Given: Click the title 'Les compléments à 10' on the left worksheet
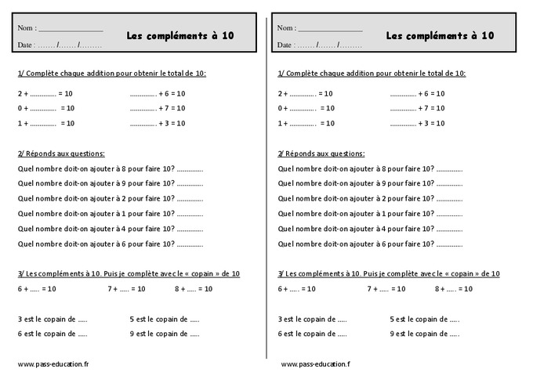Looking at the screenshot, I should (179, 35).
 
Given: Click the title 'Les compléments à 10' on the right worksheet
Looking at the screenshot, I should (440, 35).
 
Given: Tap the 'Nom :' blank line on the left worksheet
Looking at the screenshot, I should (71, 29).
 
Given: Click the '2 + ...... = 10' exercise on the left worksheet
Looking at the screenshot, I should (45, 93).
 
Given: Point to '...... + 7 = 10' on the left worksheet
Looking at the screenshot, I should (158, 108).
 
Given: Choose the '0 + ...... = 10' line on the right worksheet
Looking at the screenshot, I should (306, 108).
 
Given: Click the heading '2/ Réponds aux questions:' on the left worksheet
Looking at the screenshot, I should (61, 154).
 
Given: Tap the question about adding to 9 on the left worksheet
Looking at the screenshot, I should (111, 183).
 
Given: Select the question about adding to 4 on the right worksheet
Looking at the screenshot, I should (371, 229).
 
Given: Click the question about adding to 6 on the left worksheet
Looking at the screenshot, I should (111, 244).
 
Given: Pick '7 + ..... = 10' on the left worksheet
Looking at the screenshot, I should (126, 289).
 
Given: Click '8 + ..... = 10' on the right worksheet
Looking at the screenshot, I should (454, 289).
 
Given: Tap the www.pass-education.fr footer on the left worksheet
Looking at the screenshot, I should (53, 364).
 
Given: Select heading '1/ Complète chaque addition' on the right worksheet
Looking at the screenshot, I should (372, 73).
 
